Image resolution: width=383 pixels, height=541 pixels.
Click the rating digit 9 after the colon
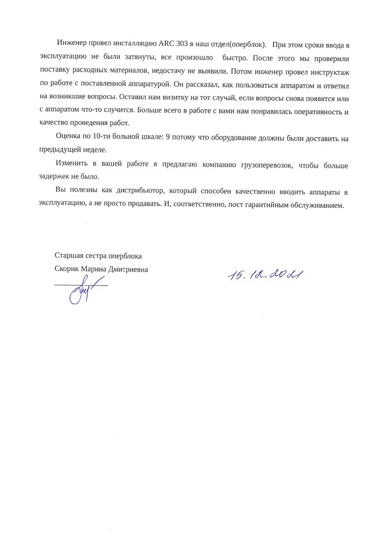[167, 138]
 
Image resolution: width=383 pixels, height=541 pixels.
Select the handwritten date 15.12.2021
[265, 276]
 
